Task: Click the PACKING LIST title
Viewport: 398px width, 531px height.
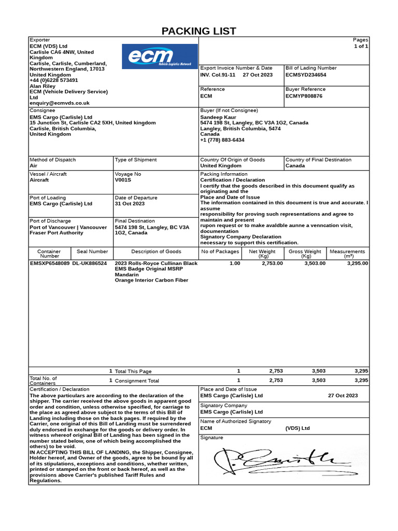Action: click(199, 31)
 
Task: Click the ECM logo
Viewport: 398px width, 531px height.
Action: click(160, 57)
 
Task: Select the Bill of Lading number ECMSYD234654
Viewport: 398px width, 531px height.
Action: click(306, 75)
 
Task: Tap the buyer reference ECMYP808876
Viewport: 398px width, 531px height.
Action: click(304, 96)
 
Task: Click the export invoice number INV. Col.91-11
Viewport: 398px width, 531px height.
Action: click(218, 75)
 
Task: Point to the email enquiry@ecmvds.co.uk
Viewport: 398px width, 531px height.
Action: click(60, 103)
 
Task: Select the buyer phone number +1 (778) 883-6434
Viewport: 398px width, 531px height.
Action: click(222, 140)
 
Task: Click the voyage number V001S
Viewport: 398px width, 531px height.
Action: click(123, 180)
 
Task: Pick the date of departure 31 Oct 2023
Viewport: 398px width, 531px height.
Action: click(130, 204)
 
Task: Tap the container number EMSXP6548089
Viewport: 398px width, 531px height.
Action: click(49, 263)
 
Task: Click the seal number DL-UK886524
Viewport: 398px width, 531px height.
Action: click(90, 263)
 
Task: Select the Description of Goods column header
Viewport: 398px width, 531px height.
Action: click(156, 251)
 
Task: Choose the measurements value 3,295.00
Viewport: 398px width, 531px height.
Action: click(357, 263)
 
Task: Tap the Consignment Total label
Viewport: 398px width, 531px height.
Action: click(137, 381)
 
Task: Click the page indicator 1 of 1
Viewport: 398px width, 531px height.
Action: click(361, 46)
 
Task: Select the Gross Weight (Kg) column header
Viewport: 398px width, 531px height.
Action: click(305, 254)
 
